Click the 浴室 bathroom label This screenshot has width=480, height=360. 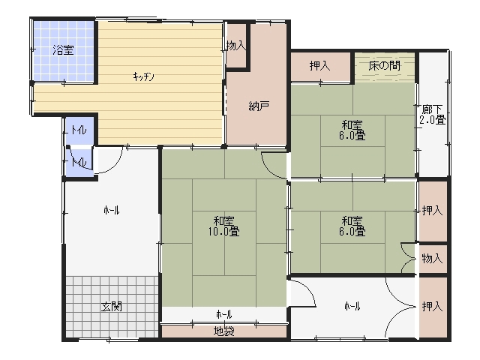click(x=63, y=50)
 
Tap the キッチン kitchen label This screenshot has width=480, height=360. click(x=143, y=76)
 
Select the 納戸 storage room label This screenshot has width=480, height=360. click(x=259, y=106)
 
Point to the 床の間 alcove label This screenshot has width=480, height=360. click(x=384, y=65)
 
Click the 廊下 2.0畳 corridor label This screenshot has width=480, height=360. click(x=432, y=115)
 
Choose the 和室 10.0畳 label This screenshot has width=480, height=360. click(x=224, y=226)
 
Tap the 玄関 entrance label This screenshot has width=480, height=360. click(x=112, y=307)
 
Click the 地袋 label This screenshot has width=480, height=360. click(x=224, y=331)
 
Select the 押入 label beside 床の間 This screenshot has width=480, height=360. click(x=320, y=66)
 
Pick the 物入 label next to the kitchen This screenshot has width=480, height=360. click(x=236, y=46)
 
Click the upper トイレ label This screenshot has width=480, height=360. click(x=79, y=130)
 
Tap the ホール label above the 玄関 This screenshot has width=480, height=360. click(x=112, y=210)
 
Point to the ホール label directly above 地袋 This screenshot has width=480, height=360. click(x=224, y=314)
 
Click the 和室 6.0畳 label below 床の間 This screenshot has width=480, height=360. click(x=352, y=130)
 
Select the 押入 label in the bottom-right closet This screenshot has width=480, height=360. click(x=433, y=306)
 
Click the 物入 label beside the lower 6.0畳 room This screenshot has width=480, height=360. click(x=433, y=259)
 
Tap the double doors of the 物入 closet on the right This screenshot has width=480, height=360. click(x=409, y=258)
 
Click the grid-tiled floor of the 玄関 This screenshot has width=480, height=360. click(x=112, y=307)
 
